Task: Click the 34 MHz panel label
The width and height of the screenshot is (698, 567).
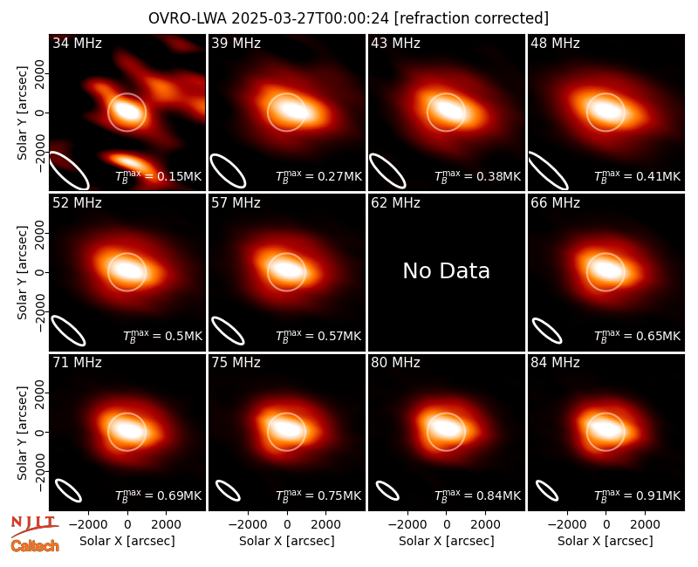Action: [x=77, y=43]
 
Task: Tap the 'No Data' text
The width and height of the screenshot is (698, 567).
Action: [x=446, y=271]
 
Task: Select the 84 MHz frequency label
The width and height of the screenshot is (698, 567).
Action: [x=555, y=363]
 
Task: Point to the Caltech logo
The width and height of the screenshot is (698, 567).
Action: [x=35, y=546]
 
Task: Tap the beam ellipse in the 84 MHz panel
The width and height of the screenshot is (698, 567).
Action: [x=547, y=491]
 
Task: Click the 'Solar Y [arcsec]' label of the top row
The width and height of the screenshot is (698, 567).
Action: [x=22, y=113]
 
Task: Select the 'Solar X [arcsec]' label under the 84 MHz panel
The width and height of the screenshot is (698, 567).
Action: [x=606, y=541]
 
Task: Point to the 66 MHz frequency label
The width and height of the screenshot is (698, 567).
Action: [x=555, y=203]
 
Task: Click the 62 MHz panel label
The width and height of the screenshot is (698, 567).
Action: [x=396, y=203]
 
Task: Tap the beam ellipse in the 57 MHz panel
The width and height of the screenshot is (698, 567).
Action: [x=228, y=331]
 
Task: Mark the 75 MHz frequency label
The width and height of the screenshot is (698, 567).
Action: [x=236, y=363]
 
